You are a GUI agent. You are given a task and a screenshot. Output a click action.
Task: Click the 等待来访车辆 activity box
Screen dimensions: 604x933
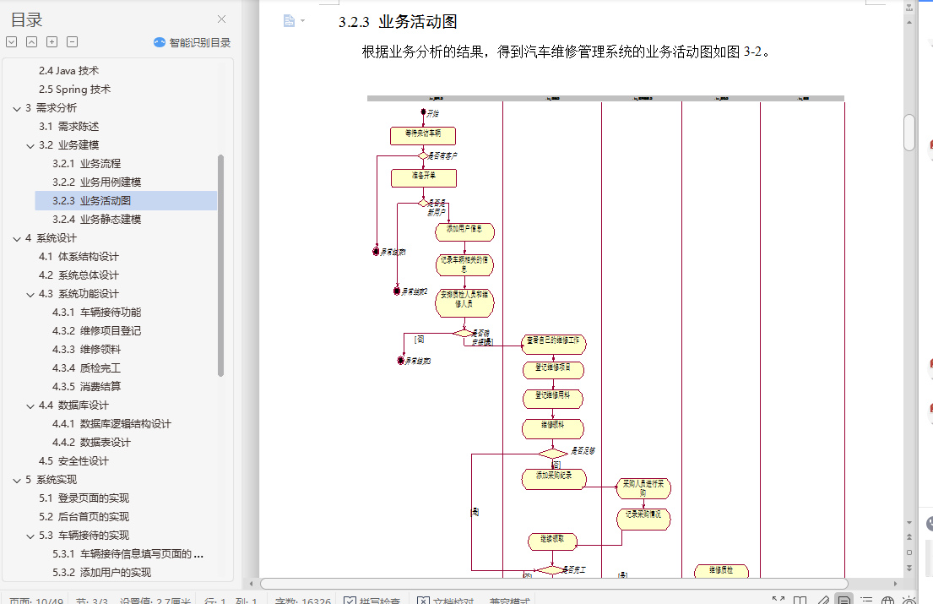(422, 136)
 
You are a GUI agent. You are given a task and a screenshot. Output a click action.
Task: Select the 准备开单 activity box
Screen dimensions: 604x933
(423, 177)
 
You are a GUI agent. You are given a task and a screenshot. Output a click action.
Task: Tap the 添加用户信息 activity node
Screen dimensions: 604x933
(464, 231)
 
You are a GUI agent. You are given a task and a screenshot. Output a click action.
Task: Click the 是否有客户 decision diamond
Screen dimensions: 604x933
(422, 155)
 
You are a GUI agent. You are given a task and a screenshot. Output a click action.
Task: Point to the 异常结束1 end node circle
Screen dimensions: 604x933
(377, 251)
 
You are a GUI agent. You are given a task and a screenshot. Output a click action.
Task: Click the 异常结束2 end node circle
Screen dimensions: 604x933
(397, 291)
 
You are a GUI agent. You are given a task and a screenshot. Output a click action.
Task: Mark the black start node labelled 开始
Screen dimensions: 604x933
(423, 112)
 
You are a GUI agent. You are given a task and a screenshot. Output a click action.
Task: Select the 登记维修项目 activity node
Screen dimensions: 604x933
(553, 369)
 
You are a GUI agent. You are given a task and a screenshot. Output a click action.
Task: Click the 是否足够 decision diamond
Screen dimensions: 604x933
(553, 454)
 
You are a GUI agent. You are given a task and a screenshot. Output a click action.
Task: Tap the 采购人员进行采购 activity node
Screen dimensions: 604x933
(643, 488)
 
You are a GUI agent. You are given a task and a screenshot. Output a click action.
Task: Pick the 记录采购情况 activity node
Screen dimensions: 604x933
(643, 519)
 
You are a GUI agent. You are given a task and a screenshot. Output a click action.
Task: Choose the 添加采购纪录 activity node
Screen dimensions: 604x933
(553, 478)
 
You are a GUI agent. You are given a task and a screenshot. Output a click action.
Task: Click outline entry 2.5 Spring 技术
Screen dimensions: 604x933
(74, 90)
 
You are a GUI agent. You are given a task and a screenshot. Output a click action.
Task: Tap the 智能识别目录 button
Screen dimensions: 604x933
(192, 42)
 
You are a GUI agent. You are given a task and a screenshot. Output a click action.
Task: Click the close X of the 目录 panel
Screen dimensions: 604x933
(222, 19)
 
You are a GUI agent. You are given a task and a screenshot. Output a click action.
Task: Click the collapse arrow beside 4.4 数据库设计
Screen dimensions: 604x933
(31, 405)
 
